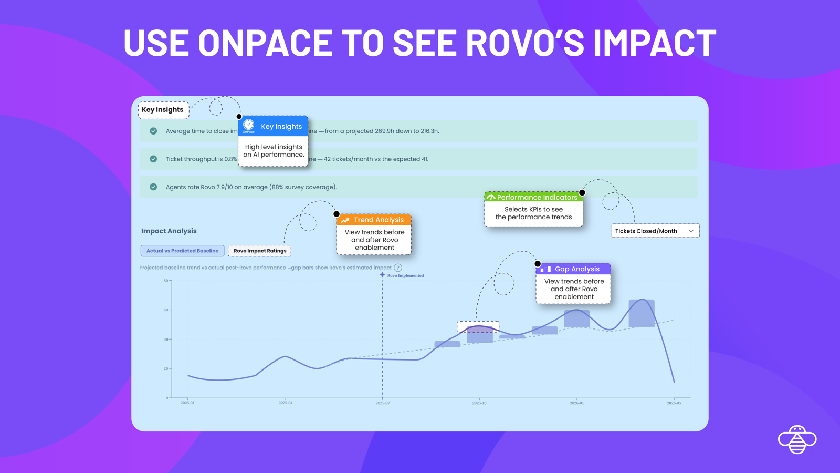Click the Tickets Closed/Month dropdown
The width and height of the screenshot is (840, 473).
[x=655, y=231]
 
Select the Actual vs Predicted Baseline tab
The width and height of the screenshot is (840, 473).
[x=182, y=251]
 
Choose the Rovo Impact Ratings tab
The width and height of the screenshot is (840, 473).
[x=260, y=251]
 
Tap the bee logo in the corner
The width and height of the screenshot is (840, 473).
[x=797, y=439]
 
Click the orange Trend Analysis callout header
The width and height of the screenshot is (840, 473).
[x=374, y=220]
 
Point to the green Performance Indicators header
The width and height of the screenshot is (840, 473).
[x=533, y=197]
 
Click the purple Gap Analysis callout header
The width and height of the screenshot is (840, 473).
[x=573, y=269]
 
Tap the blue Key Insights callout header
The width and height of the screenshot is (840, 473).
[x=274, y=126]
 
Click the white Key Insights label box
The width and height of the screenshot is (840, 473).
[x=163, y=110]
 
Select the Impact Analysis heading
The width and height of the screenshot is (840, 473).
[x=169, y=231]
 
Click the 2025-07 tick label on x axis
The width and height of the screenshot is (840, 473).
[x=383, y=403]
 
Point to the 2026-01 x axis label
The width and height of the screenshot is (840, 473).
[x=576, y=403]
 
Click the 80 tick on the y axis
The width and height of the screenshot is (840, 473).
[x=166, y=281]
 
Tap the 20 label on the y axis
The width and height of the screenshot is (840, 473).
[x=166, y=368]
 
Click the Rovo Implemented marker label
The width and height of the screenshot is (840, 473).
[x=405, y=275]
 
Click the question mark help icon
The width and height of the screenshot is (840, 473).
[x=398, y=268]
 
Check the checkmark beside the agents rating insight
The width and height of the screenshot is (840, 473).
[x=153, y=187]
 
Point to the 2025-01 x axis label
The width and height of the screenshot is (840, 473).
[x=187, y=403]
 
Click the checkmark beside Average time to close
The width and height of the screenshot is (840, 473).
[x=153, y=131]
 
